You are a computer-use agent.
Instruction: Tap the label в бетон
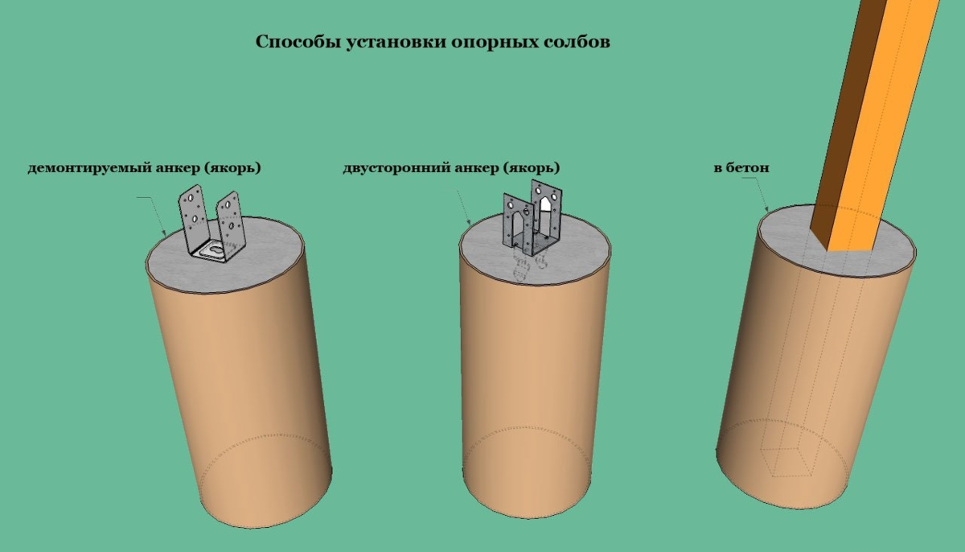pyautogui.click(x=741, y=168)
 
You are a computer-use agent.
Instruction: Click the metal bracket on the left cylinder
pyautogui.click(x=212, y=225)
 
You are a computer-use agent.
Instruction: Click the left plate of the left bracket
pyautogui.click(x=194, y=217)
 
